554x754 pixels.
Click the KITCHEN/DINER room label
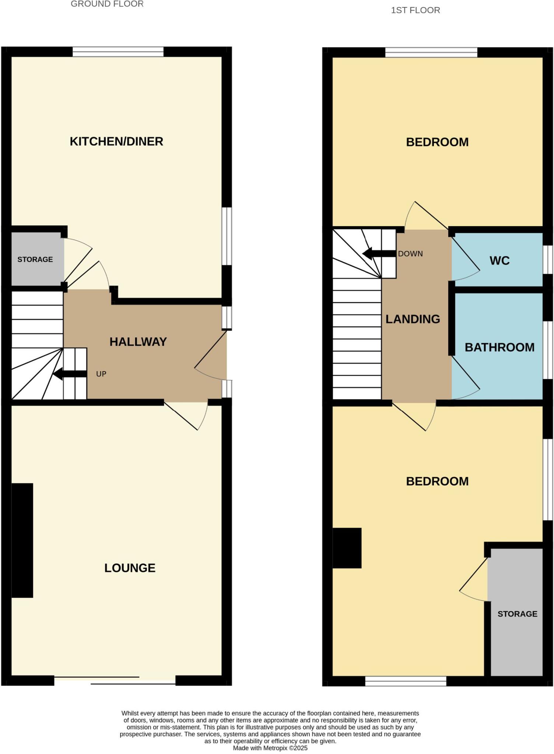tap(116, 141)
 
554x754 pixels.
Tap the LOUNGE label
tap(130, 568)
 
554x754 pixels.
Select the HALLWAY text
tap(138, 342)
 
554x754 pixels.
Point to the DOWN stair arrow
tap(379, 254)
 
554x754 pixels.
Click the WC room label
tap(499, 261)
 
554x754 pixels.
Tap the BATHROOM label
tap(499, 347)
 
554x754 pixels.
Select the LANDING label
tap(413, 319)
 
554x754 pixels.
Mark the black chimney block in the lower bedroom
tap(347, 548)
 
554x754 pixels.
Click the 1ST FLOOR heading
tap(415, 10)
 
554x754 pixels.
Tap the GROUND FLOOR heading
tap(107, 4)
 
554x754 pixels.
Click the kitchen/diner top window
tap(118, 52)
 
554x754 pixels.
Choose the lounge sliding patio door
tap(115, 680)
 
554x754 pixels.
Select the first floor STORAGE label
tap(517, 614)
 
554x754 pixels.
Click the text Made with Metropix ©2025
tap(270, 748)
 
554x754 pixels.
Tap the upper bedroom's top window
tap(431, 53)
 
